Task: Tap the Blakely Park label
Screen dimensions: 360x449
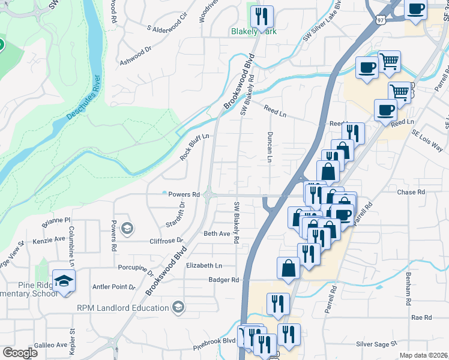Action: pos(255,32)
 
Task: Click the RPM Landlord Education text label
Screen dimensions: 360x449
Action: pos(122,308)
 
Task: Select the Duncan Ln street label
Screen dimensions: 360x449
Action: pos(270,148)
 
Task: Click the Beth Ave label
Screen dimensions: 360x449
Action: pos(217,233)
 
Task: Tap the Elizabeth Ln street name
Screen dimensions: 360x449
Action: pos(204,265)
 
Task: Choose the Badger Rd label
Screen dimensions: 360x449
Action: pos(223,280)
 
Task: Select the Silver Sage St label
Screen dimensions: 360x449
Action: pos(376,344)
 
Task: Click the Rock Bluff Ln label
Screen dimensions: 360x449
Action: pos(193,147)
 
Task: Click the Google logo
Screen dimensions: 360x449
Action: pos(20,353)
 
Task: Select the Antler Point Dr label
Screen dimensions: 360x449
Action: pos(111,287)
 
